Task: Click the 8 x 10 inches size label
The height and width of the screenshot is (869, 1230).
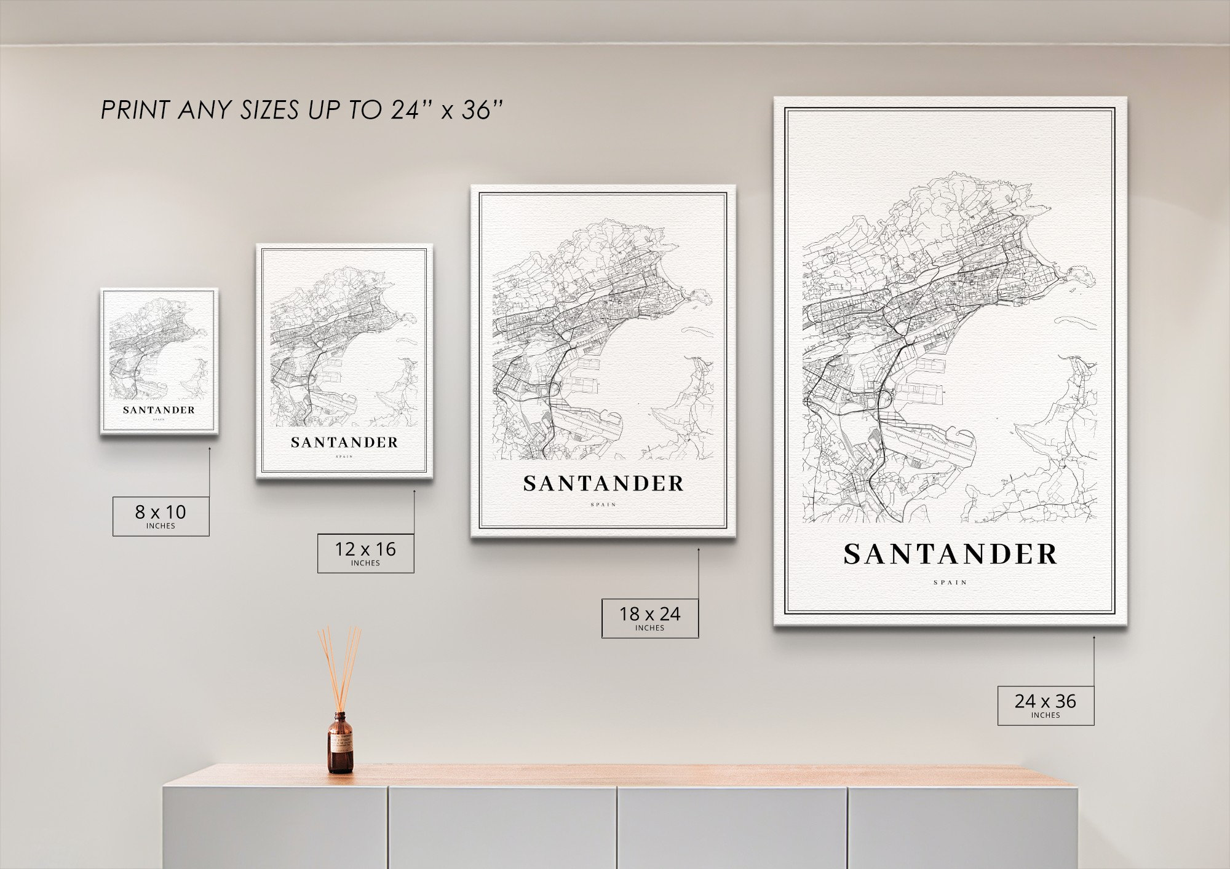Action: [x=161, y=516]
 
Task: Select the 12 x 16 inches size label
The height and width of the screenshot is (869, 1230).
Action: [x=365, y=553]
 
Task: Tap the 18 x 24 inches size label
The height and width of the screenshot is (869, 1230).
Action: [x=649, y=618]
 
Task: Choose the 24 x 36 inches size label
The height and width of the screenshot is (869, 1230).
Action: [x=1045, y=705]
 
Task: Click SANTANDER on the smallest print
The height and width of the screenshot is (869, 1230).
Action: [x=159, y=410]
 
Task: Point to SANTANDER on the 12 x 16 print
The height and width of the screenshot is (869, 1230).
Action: [x=344, y=442]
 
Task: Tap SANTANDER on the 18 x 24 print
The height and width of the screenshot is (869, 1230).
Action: [x=603, y=484]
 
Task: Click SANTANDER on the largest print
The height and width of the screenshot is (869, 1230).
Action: [x=950, y=555]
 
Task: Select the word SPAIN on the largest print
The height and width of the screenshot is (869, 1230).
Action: [x=950, y=582]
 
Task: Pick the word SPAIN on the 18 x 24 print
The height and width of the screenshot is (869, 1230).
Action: [x=603, y=505]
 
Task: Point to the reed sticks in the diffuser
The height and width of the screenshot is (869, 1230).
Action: [x=339, y=667]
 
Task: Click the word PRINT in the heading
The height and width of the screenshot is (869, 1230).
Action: [x=135, y=111]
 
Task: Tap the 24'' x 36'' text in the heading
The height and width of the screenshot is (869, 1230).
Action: [x=446, y=111]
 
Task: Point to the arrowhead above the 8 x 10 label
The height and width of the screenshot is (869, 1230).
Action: [x=209, y=449]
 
